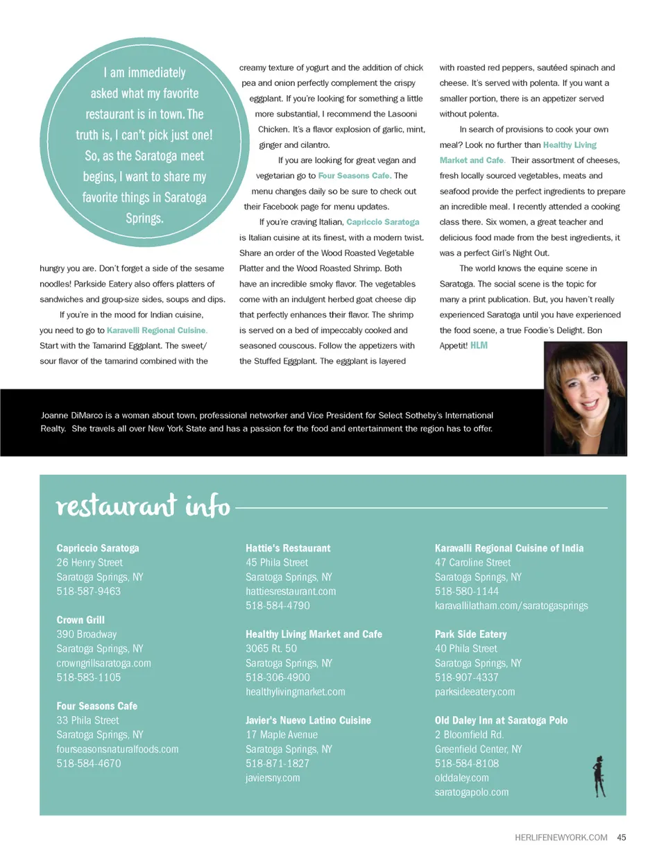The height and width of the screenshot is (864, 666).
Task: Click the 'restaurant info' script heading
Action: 143,506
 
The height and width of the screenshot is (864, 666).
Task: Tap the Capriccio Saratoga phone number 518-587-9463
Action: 89,591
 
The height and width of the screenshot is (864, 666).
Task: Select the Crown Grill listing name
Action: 80,620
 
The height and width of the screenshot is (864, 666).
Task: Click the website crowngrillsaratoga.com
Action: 103,663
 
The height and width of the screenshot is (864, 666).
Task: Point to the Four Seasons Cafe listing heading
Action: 97,706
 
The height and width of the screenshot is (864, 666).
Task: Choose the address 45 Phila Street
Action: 277,562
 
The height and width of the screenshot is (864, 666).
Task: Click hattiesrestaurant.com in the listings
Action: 291,591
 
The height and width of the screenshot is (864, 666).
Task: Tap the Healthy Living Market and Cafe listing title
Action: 314,634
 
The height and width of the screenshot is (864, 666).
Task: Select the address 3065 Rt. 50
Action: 271,648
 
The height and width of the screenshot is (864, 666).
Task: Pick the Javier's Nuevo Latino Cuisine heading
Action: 308,720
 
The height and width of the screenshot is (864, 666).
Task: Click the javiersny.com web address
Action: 273,778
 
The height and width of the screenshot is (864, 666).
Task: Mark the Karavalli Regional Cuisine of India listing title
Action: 509,548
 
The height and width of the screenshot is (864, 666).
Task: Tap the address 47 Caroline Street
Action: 472,562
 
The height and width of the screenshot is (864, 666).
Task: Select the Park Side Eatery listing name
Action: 470,634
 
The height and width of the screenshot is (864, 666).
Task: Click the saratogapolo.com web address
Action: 472,792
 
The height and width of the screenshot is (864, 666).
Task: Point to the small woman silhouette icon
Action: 599,777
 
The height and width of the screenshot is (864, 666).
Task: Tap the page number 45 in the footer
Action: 622,838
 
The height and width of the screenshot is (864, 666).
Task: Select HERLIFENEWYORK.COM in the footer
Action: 561,838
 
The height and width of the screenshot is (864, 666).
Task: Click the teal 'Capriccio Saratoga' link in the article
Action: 383,222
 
